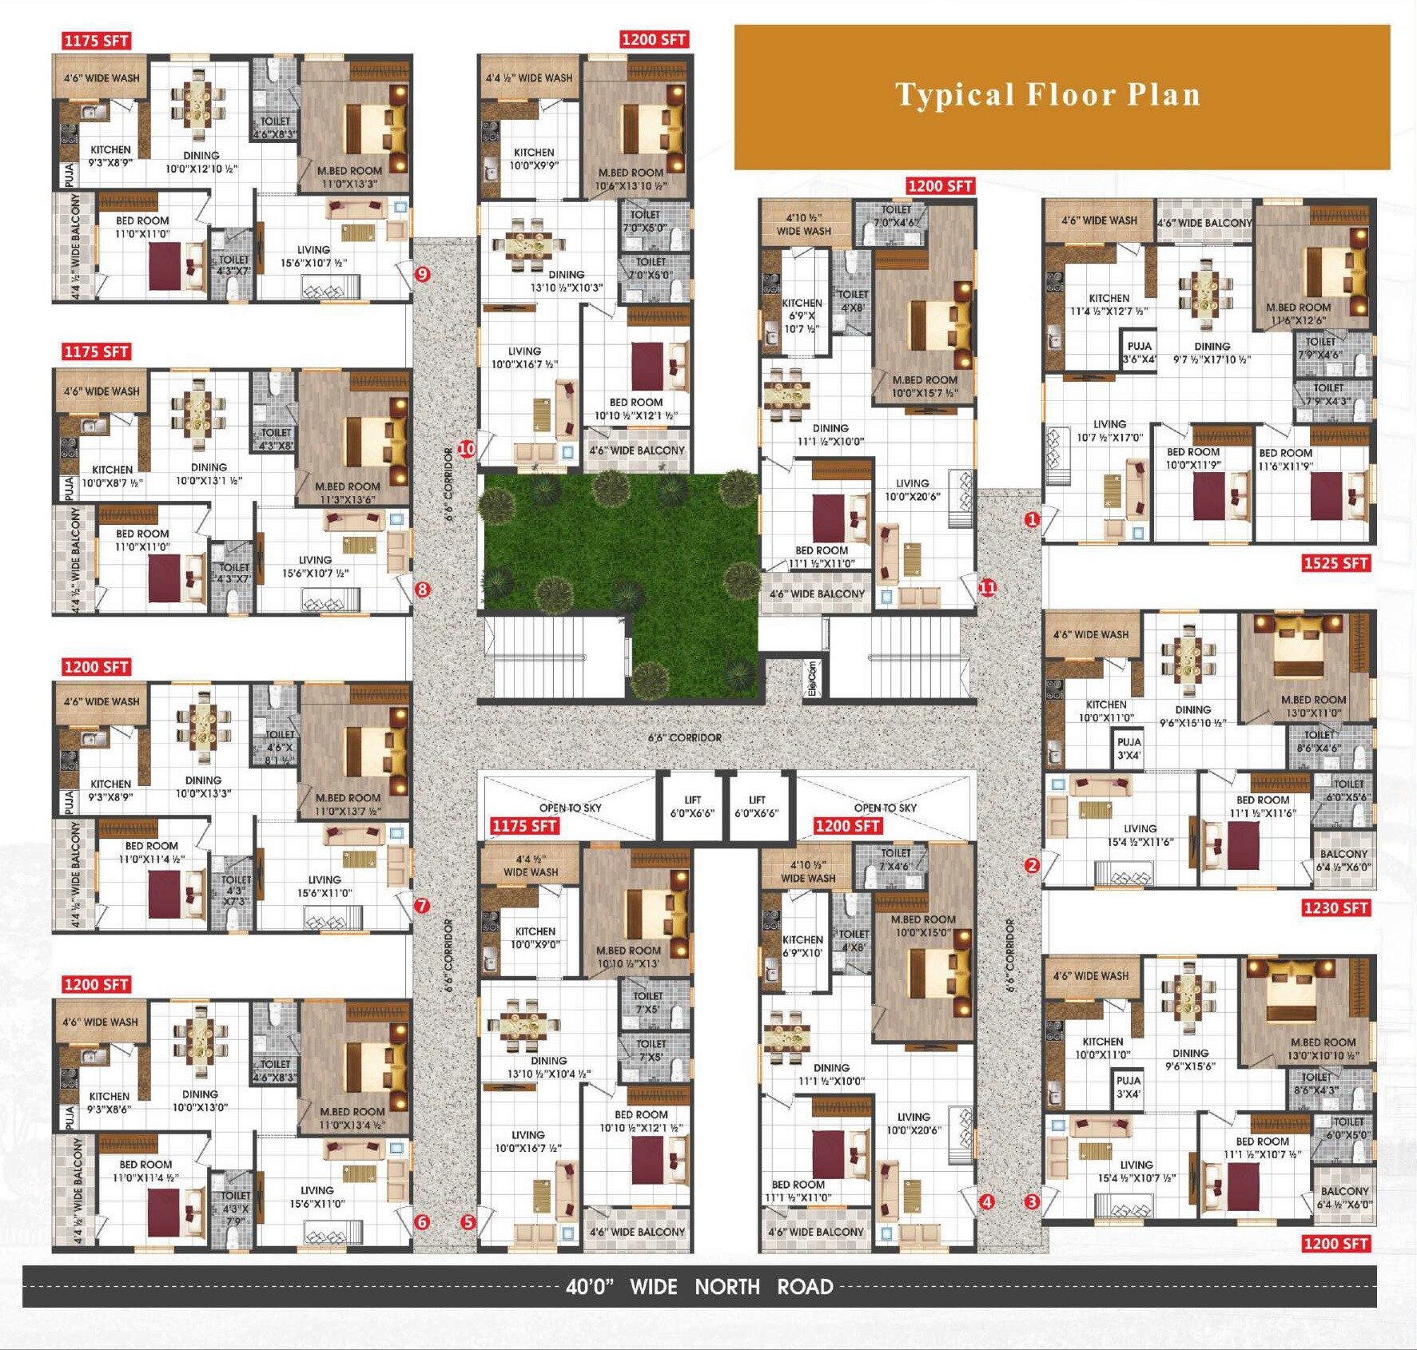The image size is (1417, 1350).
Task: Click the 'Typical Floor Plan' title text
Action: [1048, 95]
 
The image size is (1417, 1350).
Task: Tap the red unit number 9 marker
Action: [422, 275]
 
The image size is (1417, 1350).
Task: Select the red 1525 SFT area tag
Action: [1335, 563]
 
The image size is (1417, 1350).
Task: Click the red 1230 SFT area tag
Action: [1335, 907]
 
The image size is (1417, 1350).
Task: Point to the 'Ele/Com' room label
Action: [812, 677]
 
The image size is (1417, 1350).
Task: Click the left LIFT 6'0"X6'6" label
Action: [692, 806]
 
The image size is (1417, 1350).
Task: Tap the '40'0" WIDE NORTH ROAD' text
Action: [699, 1287]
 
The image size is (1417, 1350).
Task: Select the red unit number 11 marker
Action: [988, 588]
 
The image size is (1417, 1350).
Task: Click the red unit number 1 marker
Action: [1032, 520]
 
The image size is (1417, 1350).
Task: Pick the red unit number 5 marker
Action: [468, 1222]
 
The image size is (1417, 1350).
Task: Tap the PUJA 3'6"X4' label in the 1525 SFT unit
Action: [1139, 352]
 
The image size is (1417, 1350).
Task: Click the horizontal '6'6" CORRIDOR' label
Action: [684, 737]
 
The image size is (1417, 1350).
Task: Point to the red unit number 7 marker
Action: [422, 906]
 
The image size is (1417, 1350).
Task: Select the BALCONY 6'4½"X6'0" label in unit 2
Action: [1343, 860]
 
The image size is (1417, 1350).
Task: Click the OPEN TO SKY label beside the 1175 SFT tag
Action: [570, 808]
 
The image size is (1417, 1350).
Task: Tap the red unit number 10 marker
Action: [466, 449]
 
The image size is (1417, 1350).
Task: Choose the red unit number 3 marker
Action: [1032, 1201]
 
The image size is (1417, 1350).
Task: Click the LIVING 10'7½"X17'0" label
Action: [1109, 431]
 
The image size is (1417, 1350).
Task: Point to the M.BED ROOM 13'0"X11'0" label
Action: [1313, 706]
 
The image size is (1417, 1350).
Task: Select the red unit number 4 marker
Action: [987, 1201]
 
